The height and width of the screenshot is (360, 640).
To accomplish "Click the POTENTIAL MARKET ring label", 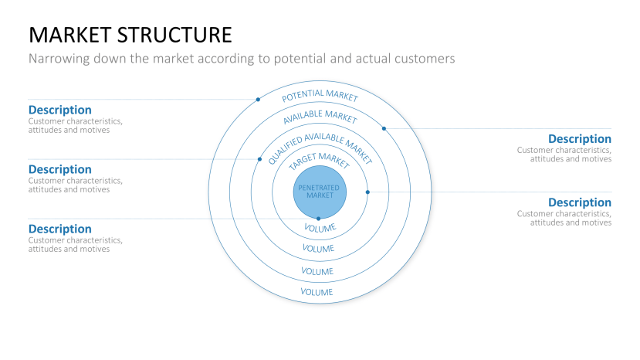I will (x=320, y=97).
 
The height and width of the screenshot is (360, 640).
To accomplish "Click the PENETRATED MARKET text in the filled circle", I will (x=319, y=192).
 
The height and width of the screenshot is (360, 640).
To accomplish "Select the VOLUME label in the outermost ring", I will (x=317, y=292).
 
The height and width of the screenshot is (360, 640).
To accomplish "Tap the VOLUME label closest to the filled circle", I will (x=319, y=228).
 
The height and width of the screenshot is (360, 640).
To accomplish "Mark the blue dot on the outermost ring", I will (x=258, y=100).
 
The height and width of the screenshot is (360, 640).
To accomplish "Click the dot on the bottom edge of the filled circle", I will (x=318, y=219).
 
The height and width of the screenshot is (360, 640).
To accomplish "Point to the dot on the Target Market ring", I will (x=367, y=192).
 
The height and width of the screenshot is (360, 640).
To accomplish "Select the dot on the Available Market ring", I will (x=384, y=128).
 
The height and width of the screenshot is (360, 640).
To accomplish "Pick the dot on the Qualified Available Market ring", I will (x=259, y=159).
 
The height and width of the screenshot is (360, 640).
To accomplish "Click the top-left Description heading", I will (x=59, y=110).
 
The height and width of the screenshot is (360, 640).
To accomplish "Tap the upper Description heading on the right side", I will (x=579, y=139).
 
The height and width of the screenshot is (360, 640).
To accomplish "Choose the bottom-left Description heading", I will (x=59, y=229).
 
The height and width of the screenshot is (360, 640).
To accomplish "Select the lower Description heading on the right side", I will (x=579, y=202).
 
